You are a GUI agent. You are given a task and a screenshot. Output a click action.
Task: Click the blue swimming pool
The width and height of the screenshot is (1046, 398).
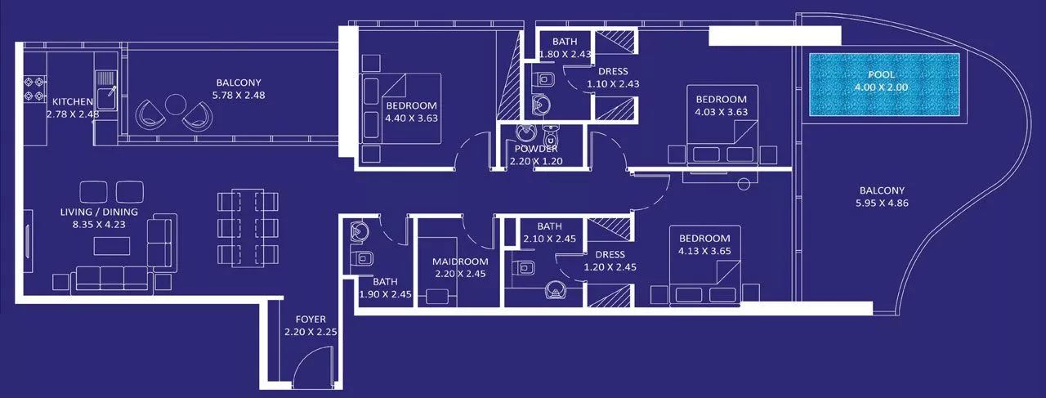(x=883, y=85)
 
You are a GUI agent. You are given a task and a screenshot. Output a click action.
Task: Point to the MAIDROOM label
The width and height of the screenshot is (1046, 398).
(x=459, y=262)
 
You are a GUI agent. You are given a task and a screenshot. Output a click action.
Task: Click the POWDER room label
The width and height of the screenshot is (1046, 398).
(x=536, y=149)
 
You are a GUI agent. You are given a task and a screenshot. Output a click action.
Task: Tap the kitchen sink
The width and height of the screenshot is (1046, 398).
(x=106, y=90)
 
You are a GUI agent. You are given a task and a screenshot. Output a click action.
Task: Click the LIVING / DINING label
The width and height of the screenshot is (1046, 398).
(x=99, y=212)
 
